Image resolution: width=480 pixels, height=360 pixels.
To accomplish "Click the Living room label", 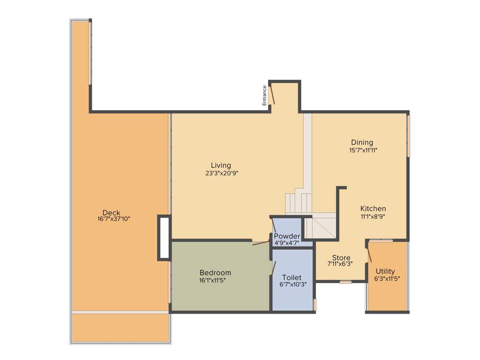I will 221,165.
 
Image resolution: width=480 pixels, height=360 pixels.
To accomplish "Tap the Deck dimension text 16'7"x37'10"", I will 111,219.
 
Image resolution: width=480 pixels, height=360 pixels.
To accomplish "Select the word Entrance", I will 264,95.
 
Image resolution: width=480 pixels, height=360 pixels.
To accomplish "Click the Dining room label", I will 362,142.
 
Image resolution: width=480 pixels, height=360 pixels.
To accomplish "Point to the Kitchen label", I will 373,209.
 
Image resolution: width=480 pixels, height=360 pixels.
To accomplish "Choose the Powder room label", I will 287,236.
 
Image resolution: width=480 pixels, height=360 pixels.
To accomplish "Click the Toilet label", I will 292,277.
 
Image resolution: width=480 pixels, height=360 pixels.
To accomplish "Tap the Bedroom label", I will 215,273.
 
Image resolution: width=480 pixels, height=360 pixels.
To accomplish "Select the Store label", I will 341,257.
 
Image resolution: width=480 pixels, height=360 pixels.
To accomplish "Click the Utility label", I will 385,271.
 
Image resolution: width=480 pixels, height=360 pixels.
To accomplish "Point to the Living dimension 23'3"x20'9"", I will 221,172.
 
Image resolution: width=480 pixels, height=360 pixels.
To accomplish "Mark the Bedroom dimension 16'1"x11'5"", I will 215,280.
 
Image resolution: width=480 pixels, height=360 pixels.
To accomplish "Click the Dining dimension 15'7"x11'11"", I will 363,150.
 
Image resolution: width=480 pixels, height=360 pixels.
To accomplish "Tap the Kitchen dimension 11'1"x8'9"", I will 373,216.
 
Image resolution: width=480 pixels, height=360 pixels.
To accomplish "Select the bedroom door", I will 261,243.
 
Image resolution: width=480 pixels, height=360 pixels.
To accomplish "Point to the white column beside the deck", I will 164,237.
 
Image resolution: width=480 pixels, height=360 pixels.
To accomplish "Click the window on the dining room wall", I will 408,136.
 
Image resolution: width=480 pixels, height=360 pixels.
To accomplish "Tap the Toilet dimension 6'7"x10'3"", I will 293,284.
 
